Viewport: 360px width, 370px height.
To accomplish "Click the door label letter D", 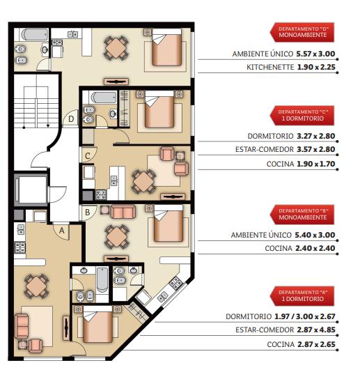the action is click(x=71, y=119).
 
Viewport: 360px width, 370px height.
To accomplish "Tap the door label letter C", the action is click(x=88, y=156).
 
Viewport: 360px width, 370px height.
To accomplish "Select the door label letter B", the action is click(x=88, y=213).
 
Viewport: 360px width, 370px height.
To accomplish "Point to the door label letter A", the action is click(x=62, y=231).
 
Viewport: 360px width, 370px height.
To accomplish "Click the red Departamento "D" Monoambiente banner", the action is click(x=302, y=32).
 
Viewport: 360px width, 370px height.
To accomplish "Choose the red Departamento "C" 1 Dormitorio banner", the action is click(x=302, y=116).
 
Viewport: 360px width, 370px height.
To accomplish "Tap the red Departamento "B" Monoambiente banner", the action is click(x=302, y=215).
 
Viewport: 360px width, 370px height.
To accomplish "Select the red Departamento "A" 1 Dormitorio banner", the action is click(x=302, y=296).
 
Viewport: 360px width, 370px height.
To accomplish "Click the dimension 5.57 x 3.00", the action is click(x=315, y=54).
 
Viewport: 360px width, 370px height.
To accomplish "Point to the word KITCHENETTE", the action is click(x=270, y=68).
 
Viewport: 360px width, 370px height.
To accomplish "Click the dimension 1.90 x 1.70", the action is click(x=316, y=164).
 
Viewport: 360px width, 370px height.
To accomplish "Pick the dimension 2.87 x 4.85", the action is click(x=316, y=330).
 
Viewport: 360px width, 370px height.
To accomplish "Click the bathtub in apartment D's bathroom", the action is click(x=35, y=34).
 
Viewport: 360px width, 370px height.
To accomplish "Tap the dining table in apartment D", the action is click(x=116, y=48).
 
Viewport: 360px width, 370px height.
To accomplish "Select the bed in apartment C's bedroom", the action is click(x=159, y=109).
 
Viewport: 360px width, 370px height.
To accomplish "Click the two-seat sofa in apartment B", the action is click(x=123, y=212).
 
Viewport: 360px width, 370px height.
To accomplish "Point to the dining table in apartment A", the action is click(x=36, y=286).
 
